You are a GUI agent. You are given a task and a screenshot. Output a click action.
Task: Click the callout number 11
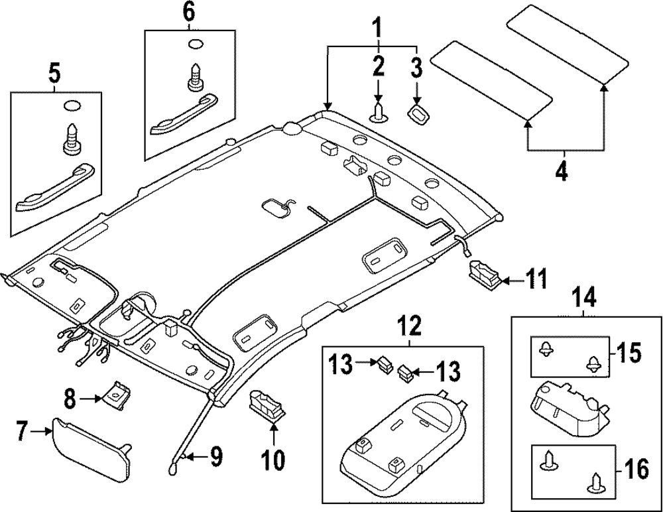pyautogui.click(x=536, y=279)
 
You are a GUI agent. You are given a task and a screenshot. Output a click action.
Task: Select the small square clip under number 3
pyautogui.click(x=419, y=113)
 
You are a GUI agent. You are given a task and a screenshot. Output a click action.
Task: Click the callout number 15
pyautogui.click(x=631, y=353)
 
